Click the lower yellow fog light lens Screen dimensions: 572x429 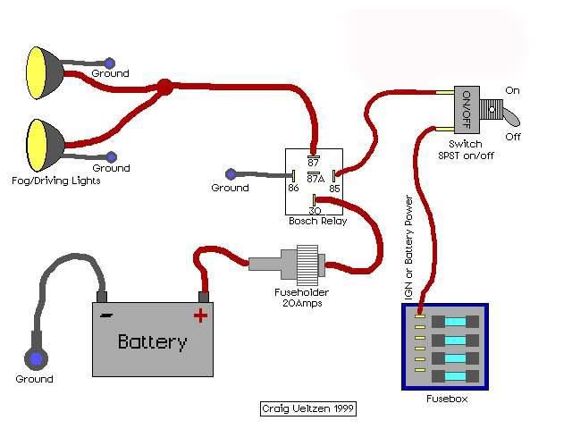pyautogui.click(x=38, y=145)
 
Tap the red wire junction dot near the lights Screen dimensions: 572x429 pyautogui.click(x=164, y=88)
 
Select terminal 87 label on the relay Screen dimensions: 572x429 pyautogui.click(x=314, y=162)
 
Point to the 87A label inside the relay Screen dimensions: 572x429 pyautogui.click(x=315, y=179)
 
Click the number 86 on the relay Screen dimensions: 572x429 pyautogui.click(x=294, y=188)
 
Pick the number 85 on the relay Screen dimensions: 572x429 pyautogui.click(x=334, y=189)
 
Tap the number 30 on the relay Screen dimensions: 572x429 pyautogui.click(x=315, y=211)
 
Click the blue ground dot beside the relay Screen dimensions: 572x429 pyautogui.click(x=231, y=174)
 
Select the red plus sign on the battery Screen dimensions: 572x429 pyautogui.click(x=200, y=315)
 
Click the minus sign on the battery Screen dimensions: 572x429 pyautogui.click(x=106, y=315)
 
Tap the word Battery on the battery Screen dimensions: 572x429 pyautogui.click(x=153, y=342)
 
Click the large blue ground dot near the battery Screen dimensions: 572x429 pyautogui.click(x=36, y=358)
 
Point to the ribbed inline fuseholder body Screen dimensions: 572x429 pyautogui.click(x=307, y=265)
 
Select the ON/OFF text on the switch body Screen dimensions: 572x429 pyautogui.click(x=467, y=109)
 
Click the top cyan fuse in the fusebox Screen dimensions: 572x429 pyautogui.click(x=456, y=322)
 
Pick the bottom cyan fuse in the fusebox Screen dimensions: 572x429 pyautogui.click(x=456, y=376)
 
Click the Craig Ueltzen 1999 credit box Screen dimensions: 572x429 pyautogui.click(x=308, y=408)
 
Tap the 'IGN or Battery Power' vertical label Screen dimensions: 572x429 pyautogui.click(x=409, y=248)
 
